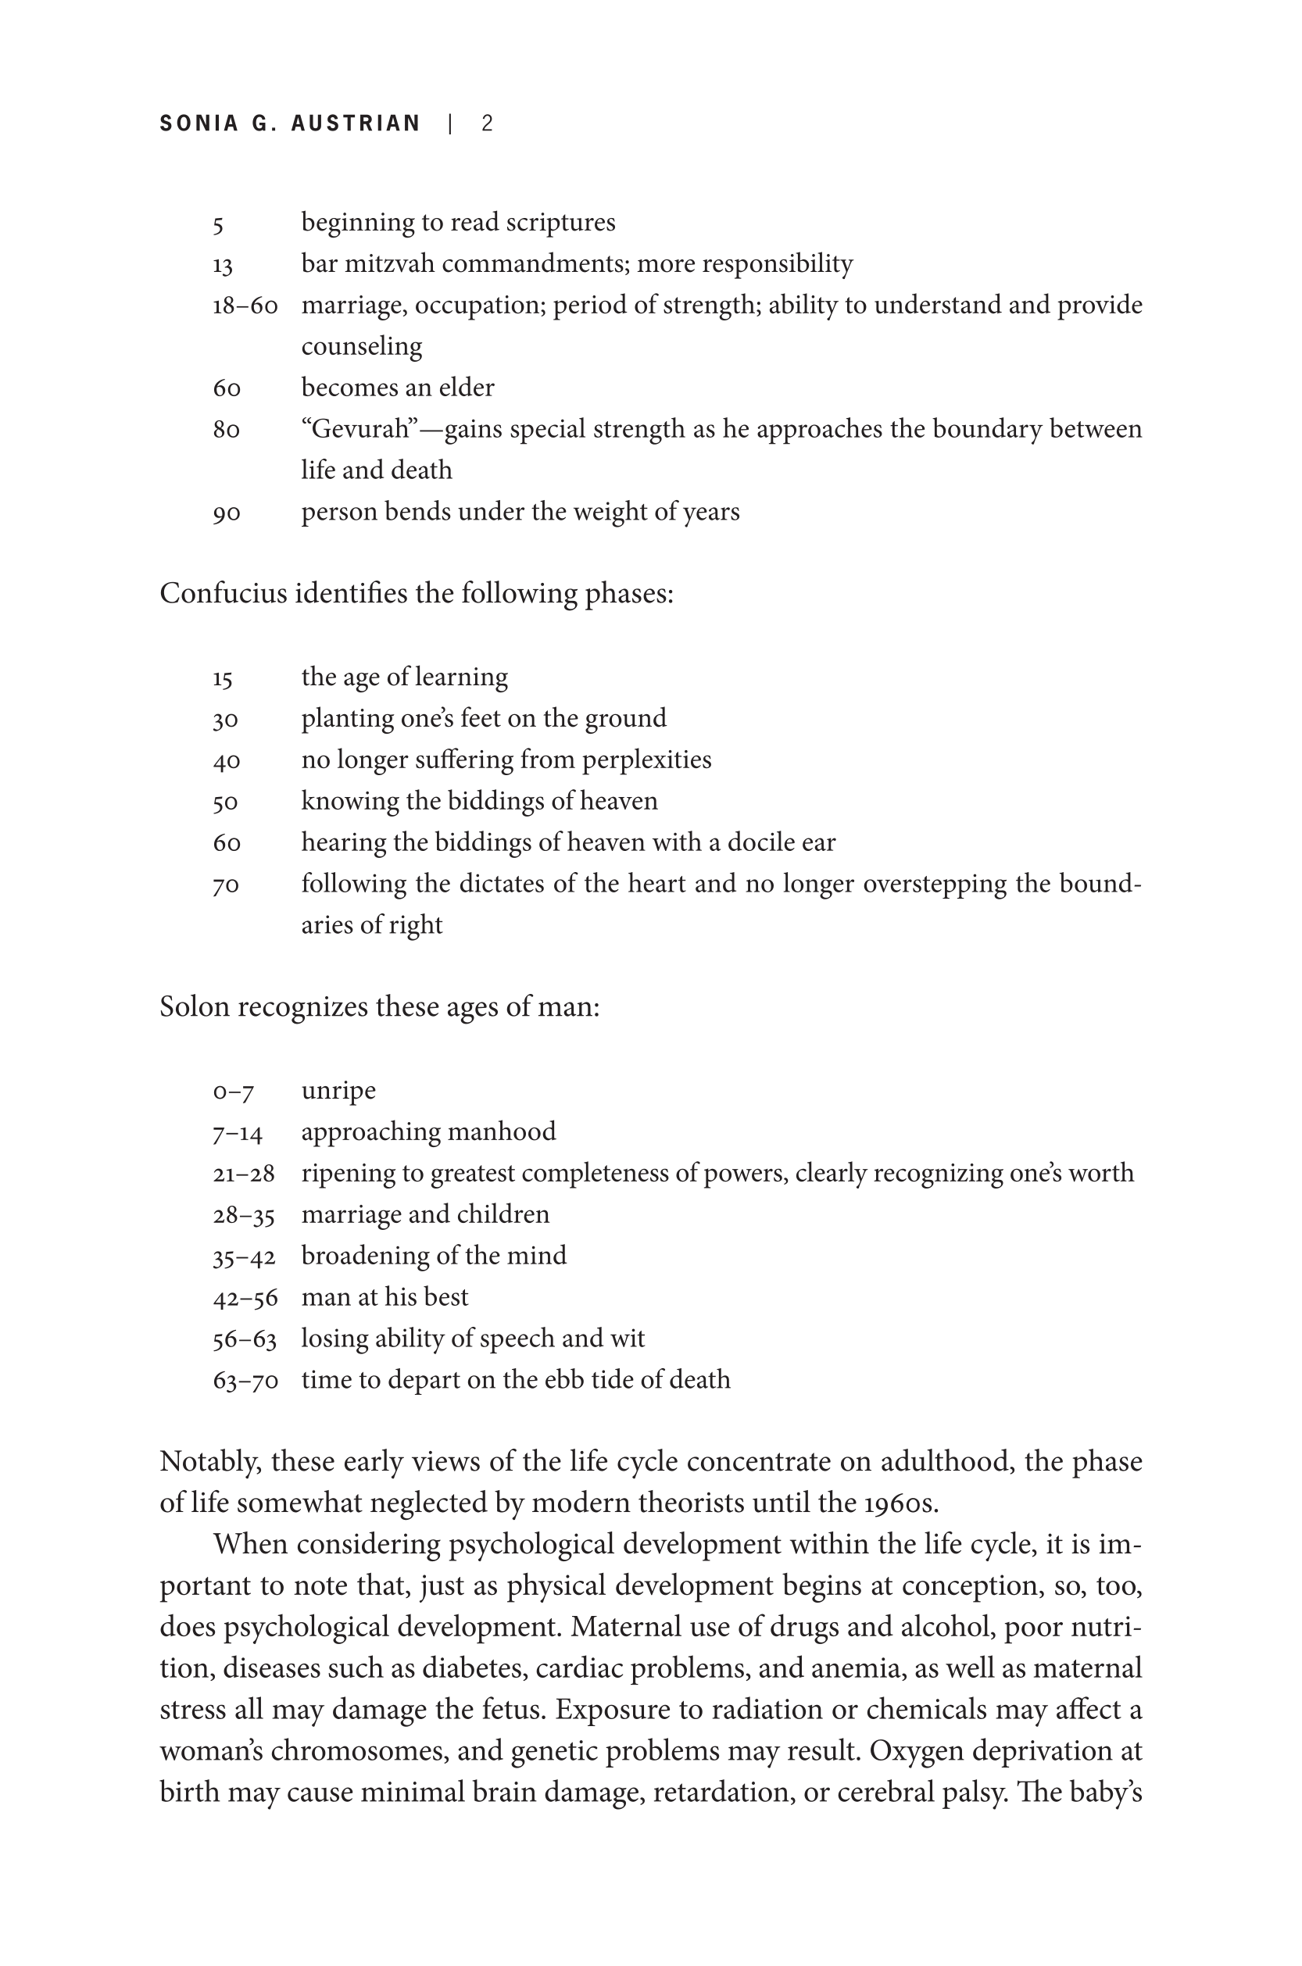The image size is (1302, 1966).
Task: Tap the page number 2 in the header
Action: [488, 123]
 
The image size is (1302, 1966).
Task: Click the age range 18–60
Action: [245, 306]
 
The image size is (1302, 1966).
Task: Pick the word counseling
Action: [361, 346]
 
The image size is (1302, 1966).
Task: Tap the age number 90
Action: [227, 513]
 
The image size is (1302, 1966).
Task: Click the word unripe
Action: [338, 1090]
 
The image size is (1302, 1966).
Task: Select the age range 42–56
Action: [245, 1298]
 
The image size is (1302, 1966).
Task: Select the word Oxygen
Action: [916, 1751]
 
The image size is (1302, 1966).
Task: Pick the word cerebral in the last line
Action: [885, 1793]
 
